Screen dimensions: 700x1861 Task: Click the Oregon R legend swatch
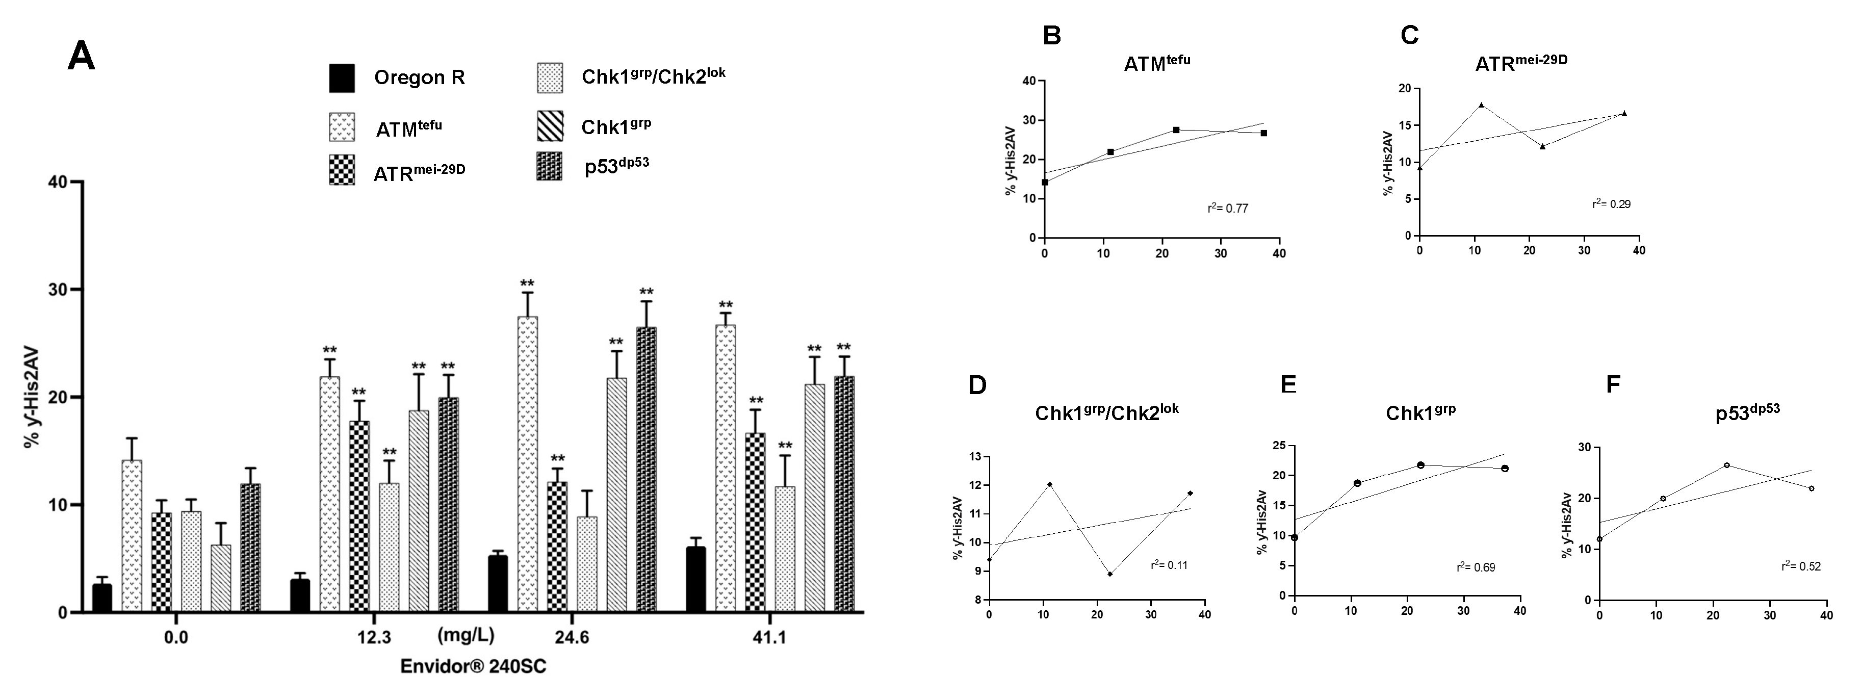pos(342,78)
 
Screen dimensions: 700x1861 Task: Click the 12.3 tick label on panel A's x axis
pos(374,637)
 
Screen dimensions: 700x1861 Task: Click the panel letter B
pos(1052,35)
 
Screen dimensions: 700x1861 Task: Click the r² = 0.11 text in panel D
pos(1169,565)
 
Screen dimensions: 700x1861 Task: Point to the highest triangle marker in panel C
pos(1481,105)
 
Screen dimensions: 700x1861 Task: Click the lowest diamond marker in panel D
pos(1109,574)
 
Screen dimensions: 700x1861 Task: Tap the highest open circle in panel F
pos(1726,464)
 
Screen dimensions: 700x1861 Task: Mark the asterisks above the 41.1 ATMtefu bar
pos(726,305)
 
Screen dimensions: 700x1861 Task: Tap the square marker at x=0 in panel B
pos(1045,182)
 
